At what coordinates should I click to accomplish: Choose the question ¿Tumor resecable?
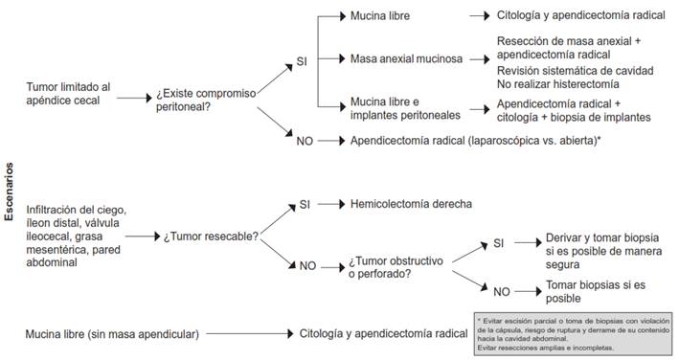click(213, 236)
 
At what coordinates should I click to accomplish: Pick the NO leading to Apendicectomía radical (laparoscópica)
click(304, 141)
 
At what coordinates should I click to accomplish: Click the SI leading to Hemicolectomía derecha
click(304, 204)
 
